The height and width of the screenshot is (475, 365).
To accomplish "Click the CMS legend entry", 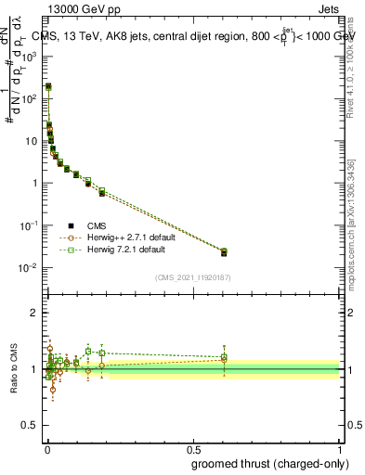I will click(x=97, y=225).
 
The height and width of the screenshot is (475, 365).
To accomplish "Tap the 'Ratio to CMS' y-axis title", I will click(x=12, y=369).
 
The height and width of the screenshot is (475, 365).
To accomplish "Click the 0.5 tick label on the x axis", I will click(x=192, y=449).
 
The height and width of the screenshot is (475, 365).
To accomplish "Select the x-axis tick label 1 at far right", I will click(x=340, y=449).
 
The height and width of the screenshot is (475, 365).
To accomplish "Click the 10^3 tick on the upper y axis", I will click(x=28, y=56).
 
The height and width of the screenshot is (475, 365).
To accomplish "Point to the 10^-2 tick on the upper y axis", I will click(x=28, y=268).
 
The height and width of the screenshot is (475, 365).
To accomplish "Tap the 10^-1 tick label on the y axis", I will click(x=28, y=225).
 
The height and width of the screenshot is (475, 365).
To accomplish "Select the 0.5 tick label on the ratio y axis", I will click(x=31, y=426).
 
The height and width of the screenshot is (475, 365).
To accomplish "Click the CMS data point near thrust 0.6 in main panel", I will click(x=223, y=252).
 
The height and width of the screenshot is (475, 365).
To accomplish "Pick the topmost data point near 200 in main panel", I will click(x=48, y=86).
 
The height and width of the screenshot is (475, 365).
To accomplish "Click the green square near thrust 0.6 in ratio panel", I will click(x=223, y=356).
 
